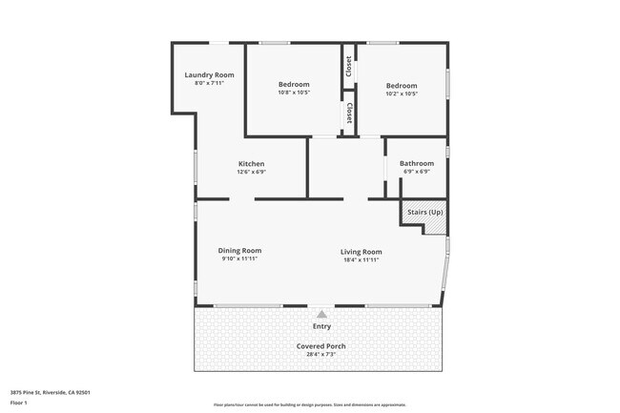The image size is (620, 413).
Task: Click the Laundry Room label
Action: pos(209,74)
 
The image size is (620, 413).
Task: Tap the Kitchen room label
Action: pos(251,163)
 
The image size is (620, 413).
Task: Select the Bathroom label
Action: pos(416,163)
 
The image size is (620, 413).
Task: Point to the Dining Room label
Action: pos(240,250)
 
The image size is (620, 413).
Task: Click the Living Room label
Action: pos(362,251)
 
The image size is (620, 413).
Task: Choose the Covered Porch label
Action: pos(320,345)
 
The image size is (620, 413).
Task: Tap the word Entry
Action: pos(322,326)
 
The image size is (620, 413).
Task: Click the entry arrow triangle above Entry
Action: pos(322,313)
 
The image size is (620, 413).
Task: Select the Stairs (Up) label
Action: pos(424,212)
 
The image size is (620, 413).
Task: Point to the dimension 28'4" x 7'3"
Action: pos(320,354)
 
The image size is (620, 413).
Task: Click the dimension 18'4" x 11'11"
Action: pos(362,258)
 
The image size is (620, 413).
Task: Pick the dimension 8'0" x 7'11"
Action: pos(209,83)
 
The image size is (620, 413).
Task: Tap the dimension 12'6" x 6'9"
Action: pos(251,172)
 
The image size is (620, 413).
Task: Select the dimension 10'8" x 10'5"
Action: pos(294,93)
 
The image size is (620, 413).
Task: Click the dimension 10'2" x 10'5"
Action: pos(402,93)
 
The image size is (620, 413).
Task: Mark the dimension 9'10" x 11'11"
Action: pos(240,258)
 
